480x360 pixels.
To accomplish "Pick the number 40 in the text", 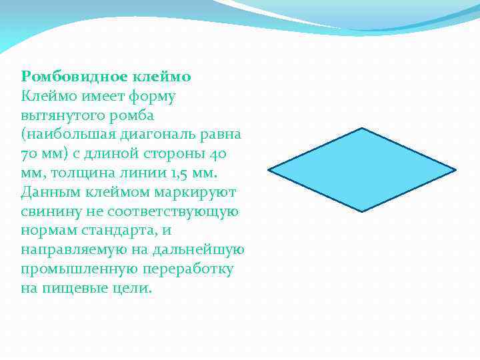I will pyautogui.click(x=217, y=153).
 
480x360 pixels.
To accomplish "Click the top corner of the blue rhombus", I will pyautogui.click(x=361, y=128).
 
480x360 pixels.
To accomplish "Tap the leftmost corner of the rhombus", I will pyautogui.click(x=269, y=169).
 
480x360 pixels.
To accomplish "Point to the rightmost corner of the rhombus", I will pyautogui.click(x=455, y=170).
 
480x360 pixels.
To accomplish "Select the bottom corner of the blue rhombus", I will pyautogui.click(x=362, y=211).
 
